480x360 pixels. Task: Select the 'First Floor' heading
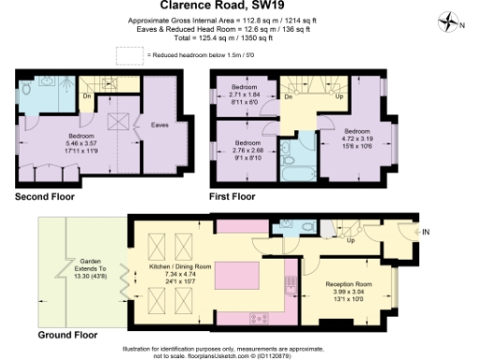232,196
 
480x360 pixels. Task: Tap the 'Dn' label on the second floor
86,95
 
